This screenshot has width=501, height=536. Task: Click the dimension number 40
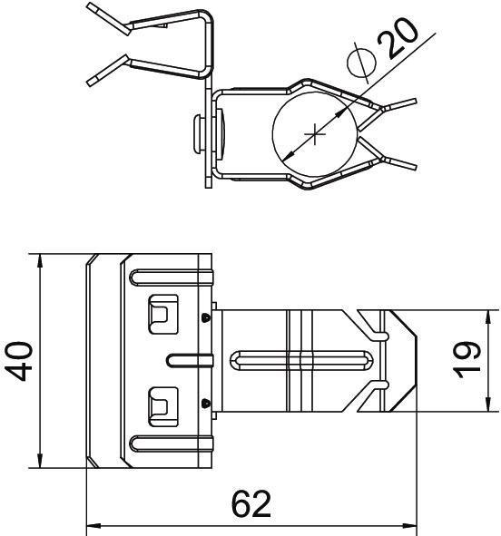tap(22, 361)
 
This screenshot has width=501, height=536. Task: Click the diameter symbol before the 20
tap(360, 63)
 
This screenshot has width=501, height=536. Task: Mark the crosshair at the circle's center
tap(315, 135)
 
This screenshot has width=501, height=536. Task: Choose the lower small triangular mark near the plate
tap(207, 403)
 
